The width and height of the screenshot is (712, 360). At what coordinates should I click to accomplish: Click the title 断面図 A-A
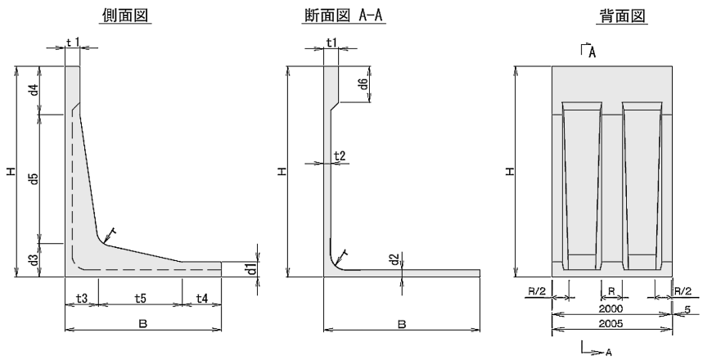point(353,17)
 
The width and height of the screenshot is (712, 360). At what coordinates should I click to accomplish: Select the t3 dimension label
point(81,299)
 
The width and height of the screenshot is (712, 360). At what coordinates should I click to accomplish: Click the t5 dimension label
point(139,299)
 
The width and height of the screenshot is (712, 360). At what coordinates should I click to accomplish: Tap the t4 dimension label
point(201,299)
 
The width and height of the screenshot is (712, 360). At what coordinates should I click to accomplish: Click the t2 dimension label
point(340,155)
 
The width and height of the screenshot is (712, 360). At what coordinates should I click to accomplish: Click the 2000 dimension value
point(611,309)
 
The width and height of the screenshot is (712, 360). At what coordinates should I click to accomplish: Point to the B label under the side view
point(142,325)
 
